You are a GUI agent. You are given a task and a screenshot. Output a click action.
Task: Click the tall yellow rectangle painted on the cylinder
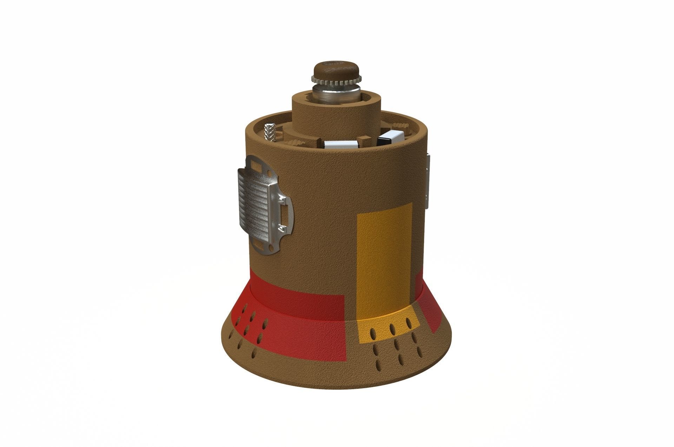pos(384,259)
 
